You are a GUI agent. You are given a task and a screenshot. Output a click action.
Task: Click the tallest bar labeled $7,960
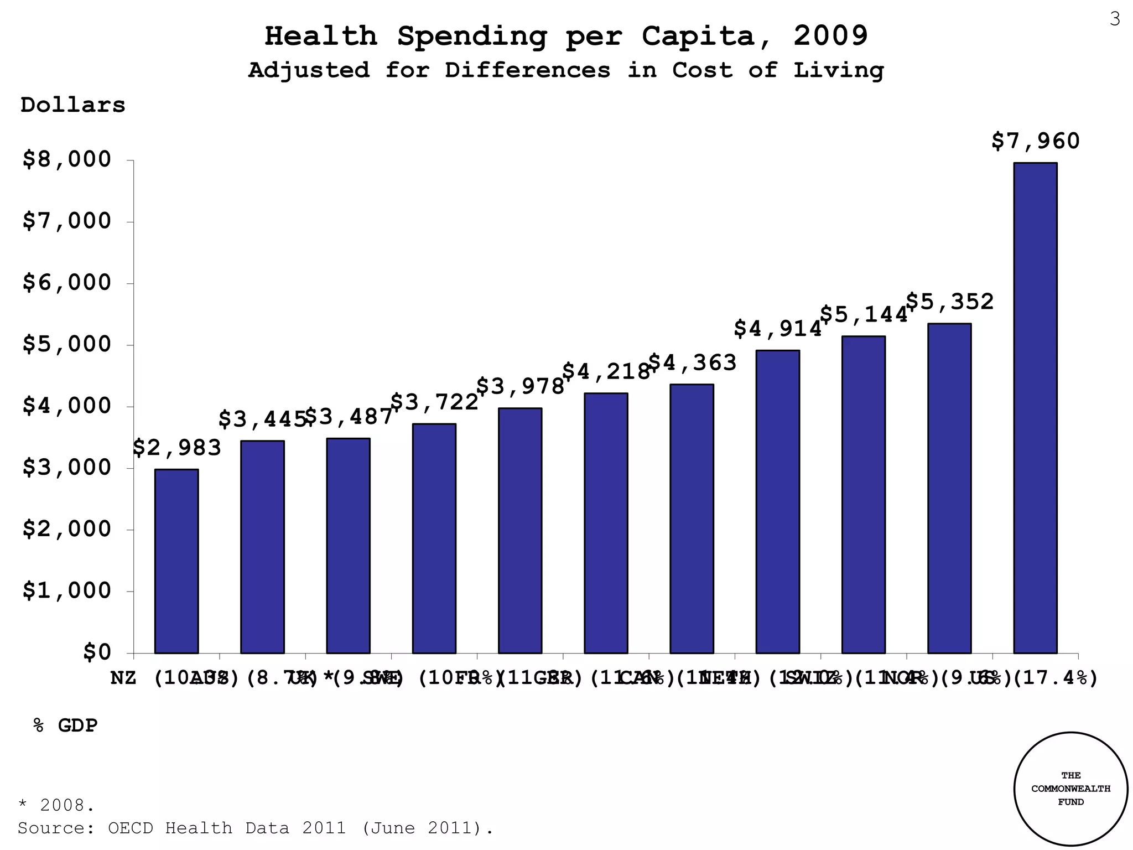1035,408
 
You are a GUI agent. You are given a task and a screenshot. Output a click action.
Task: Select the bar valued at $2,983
176,561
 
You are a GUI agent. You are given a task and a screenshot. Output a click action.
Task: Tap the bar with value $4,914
777,501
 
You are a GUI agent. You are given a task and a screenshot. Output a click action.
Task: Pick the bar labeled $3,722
434,538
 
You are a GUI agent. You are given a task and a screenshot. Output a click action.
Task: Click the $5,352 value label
950,302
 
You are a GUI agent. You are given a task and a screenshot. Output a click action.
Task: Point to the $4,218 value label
606,371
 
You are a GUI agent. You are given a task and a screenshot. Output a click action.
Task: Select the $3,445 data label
262,419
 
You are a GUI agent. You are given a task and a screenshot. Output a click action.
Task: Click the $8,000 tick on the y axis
67,159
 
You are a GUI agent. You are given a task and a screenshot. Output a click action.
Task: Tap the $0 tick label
97,652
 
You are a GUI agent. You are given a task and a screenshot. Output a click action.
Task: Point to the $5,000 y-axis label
67,344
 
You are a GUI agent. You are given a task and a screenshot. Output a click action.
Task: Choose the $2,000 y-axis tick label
67,529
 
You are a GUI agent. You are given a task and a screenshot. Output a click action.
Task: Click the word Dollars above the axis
73,105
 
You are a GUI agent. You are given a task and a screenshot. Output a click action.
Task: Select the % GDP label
65,725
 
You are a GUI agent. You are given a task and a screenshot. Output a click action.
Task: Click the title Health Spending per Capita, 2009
566,37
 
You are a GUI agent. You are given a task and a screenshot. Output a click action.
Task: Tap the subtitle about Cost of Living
566,70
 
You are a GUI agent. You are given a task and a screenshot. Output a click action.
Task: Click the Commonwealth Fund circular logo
1070,789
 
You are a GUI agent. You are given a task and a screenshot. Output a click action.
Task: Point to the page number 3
1115,19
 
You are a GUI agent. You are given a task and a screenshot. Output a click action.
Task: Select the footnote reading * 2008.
56,805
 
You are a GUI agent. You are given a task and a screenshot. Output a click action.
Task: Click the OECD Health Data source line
255,828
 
